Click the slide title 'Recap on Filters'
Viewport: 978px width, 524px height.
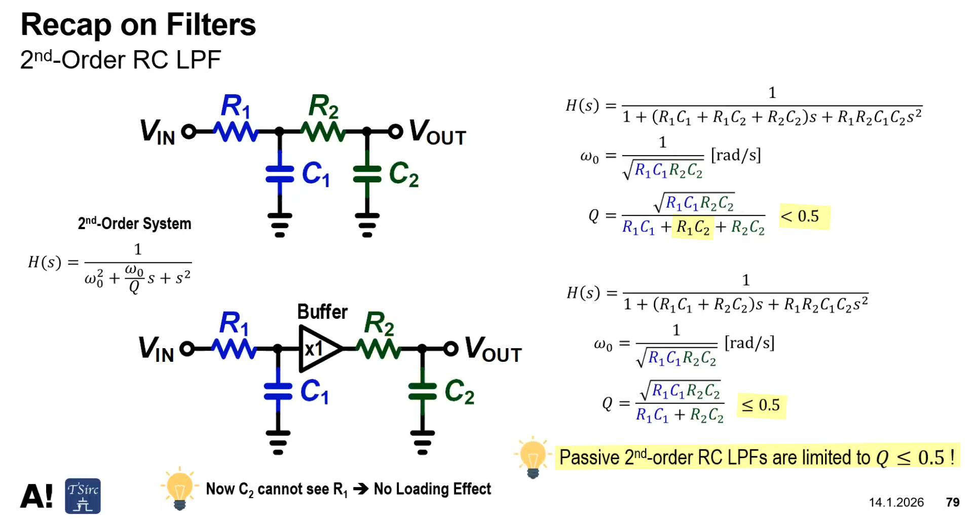tap(138, 24)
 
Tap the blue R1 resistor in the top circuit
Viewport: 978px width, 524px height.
tap(236, 132)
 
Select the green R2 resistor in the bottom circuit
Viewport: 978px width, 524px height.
tap(379, 349)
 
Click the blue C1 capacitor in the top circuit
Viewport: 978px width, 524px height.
tap(280, 174)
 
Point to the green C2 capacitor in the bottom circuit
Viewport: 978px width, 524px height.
tap(422, 392)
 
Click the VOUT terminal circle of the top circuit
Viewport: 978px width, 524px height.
tap(395, 132)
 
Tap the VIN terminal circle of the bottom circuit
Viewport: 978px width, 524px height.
tap(187, 349)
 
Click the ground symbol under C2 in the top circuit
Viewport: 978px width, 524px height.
tap(367, 225)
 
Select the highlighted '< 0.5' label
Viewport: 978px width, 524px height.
tap(804, 217)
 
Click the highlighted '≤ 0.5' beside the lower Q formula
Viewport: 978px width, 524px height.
tap(761, 405)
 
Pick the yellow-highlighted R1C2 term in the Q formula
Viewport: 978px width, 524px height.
tap(693, 228)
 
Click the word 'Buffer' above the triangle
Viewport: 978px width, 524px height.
tap(322, 312)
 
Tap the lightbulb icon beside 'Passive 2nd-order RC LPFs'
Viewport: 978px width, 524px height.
tap(532, 457)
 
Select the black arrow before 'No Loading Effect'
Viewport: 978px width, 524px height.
tap(361, 489)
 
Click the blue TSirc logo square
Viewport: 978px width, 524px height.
tap(83, 496)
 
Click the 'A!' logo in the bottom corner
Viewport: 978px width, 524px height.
tap(36, 496)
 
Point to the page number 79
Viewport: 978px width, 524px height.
tap(953, 502)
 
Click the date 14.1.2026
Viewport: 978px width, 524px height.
tap(896, 502)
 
